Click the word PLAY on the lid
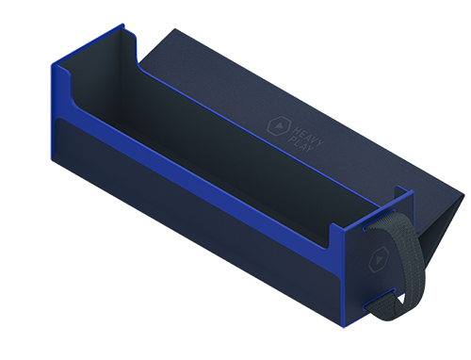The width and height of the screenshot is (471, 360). [x=300, y=144]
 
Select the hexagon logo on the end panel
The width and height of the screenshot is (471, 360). [x=379, y=259]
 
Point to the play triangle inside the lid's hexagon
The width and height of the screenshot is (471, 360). [x=279, y=126]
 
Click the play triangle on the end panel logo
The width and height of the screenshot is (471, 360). [x=379, y=260]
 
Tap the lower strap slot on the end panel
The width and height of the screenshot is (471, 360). [x=380, y=298]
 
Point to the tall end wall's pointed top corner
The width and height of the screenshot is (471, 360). [x=122, y=25]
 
